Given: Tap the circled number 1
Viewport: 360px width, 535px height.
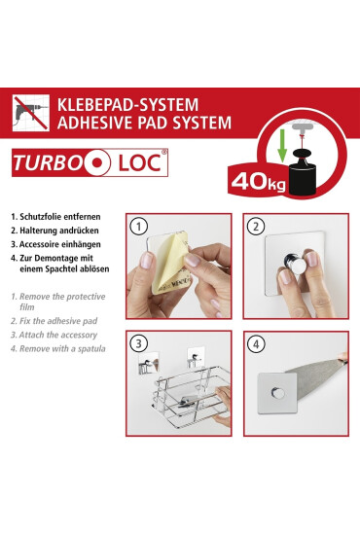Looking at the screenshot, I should tap(141, 228).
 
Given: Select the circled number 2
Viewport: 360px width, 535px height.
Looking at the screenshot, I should tap(257, 228).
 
